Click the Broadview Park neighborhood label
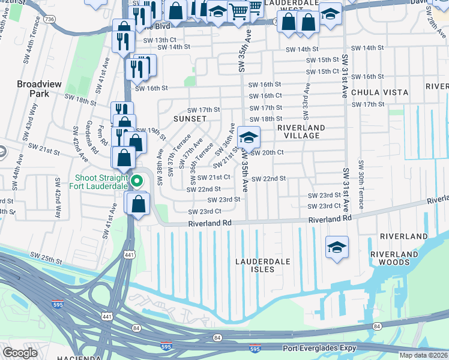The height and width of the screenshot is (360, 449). pos(40,89)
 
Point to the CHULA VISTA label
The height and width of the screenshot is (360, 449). pos(379,92)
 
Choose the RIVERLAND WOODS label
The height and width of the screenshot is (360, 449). pos(394,259)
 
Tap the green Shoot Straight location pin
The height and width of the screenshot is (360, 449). pos(137,180)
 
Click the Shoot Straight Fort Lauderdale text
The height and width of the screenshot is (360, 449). pos(101,181)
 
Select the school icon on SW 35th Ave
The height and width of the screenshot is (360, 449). pos(249,138)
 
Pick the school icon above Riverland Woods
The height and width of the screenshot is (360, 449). pos(337,246)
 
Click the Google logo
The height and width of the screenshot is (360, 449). pos(20,353)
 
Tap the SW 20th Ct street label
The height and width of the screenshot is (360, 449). pos(267,152)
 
